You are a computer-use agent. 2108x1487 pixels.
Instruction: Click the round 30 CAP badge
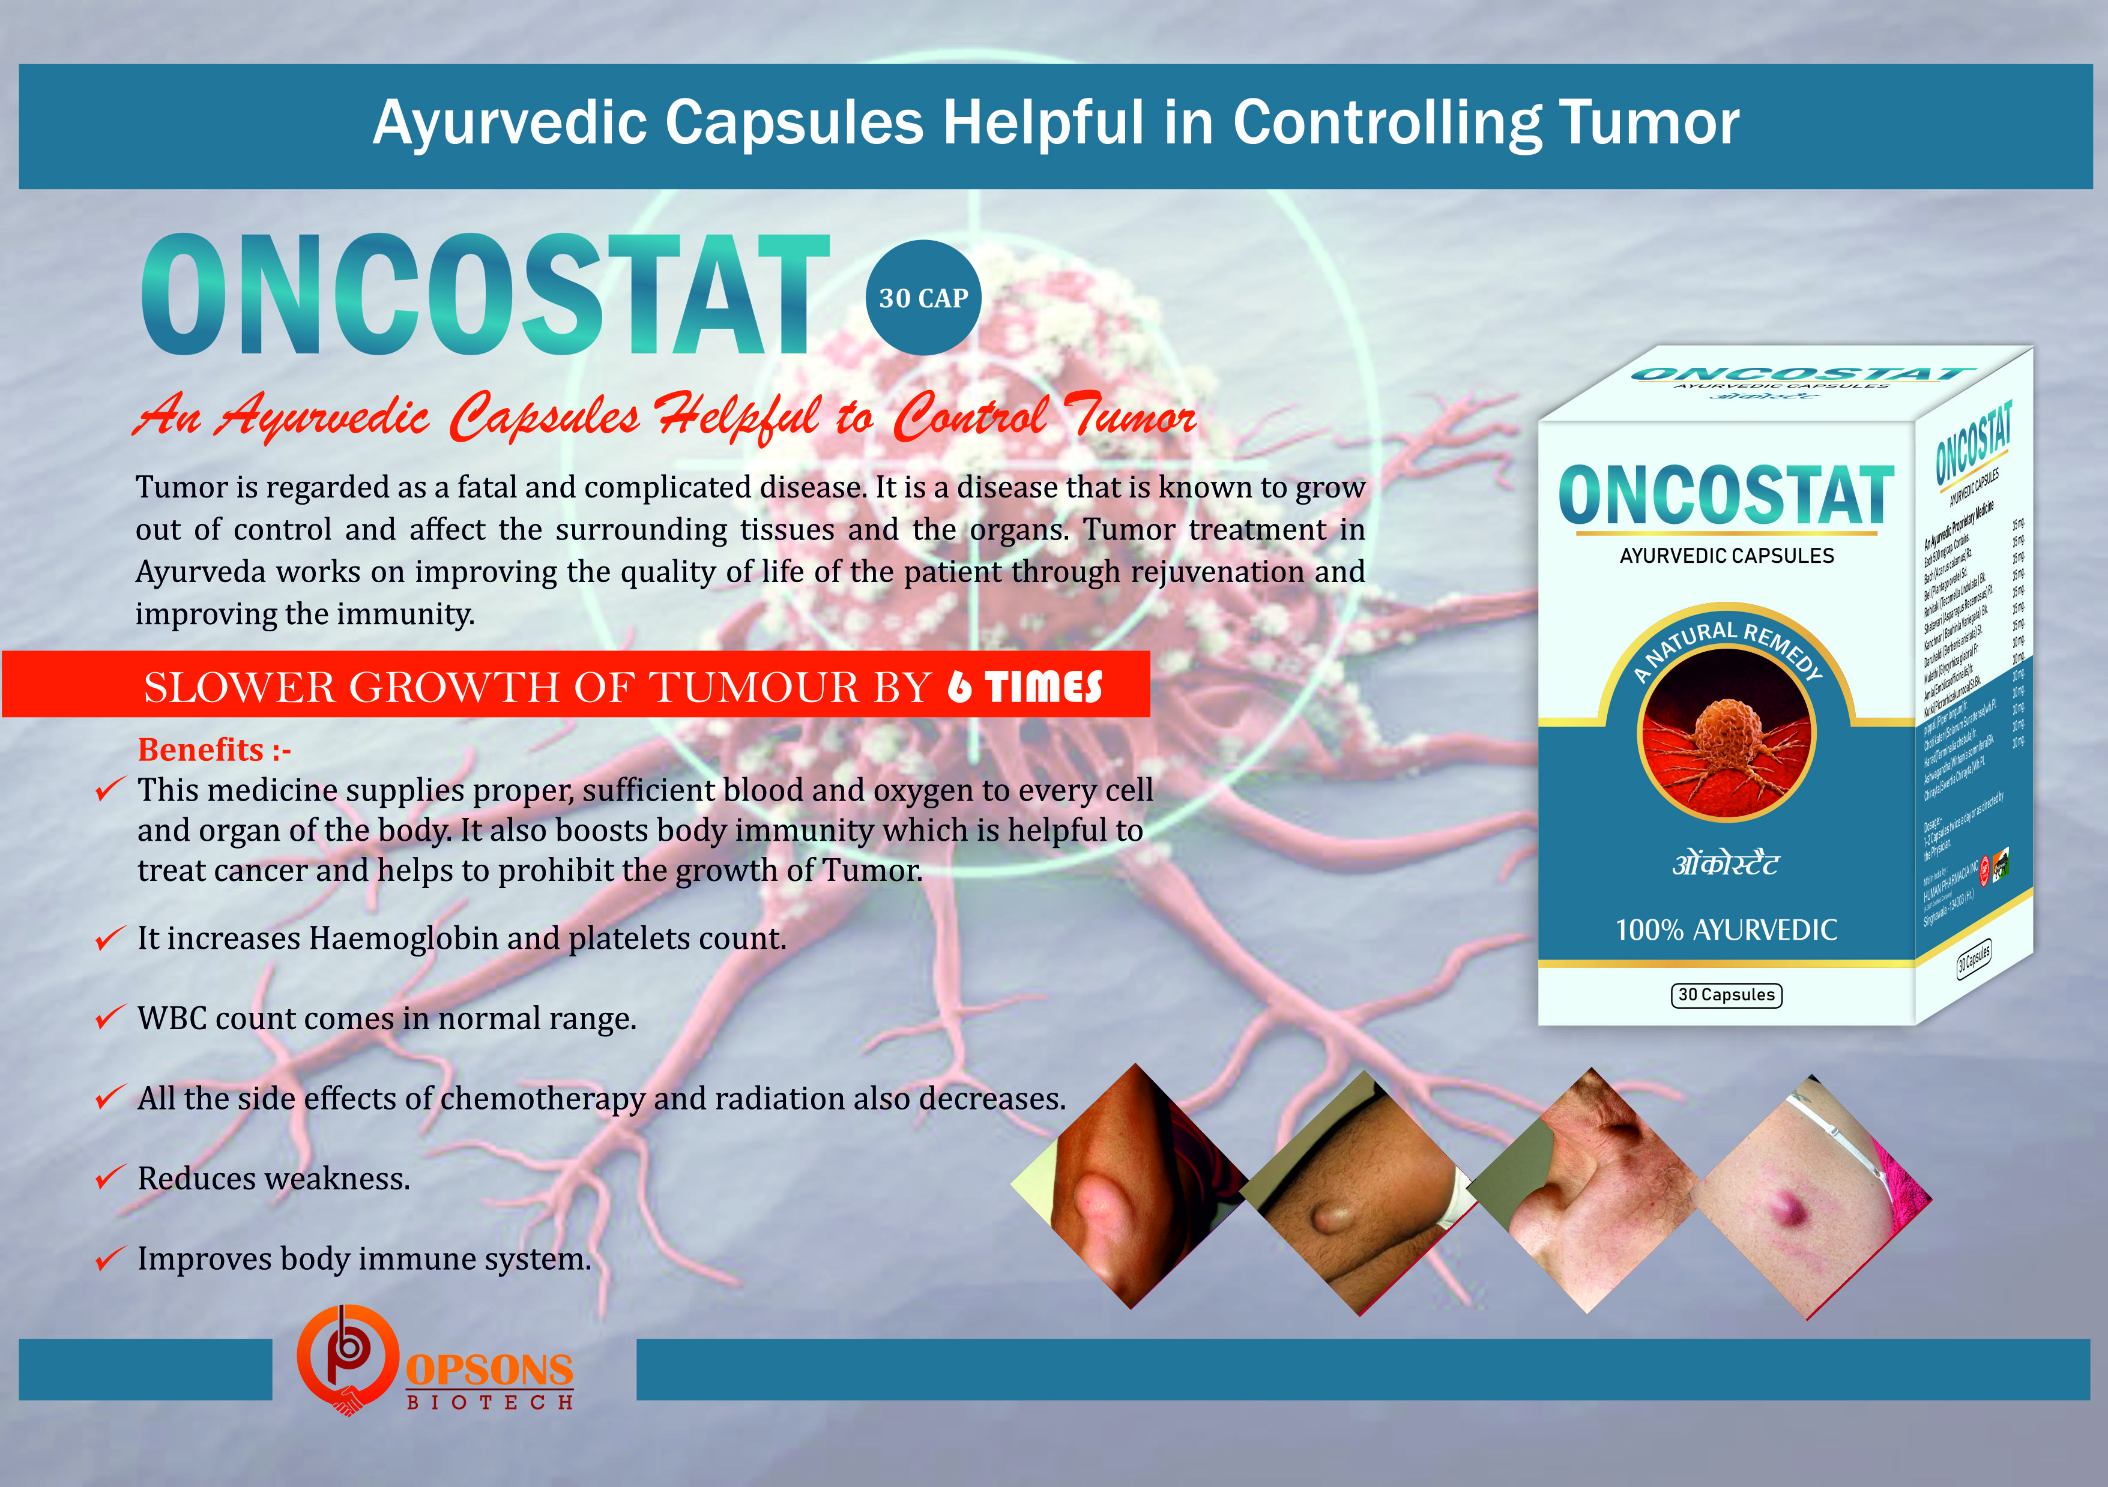point(923,298)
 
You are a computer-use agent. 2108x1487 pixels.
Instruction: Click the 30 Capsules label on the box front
point(1726,995)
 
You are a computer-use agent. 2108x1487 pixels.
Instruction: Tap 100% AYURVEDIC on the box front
point(1726,930)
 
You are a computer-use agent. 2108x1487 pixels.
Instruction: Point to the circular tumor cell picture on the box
point(1726,734)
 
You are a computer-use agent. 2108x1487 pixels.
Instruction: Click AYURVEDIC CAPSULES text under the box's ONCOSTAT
point(1726,555)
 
